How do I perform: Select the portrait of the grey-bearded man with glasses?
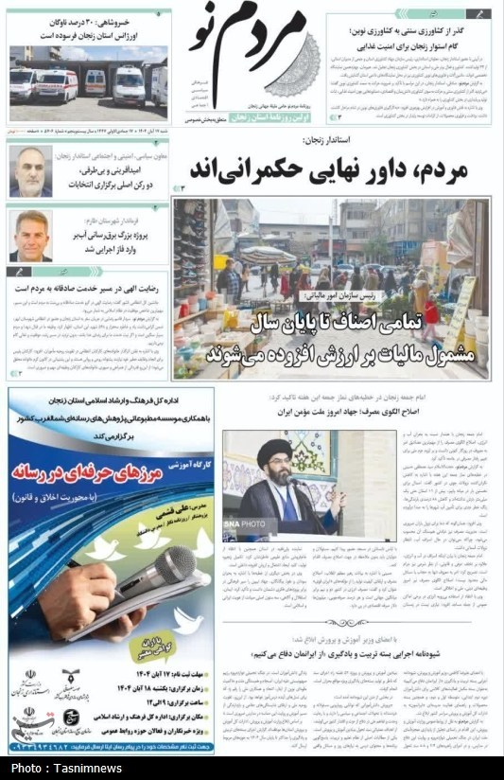click(30, 170)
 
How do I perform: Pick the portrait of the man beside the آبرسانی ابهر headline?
click(30, 235)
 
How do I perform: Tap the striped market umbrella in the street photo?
click(268, 255)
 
